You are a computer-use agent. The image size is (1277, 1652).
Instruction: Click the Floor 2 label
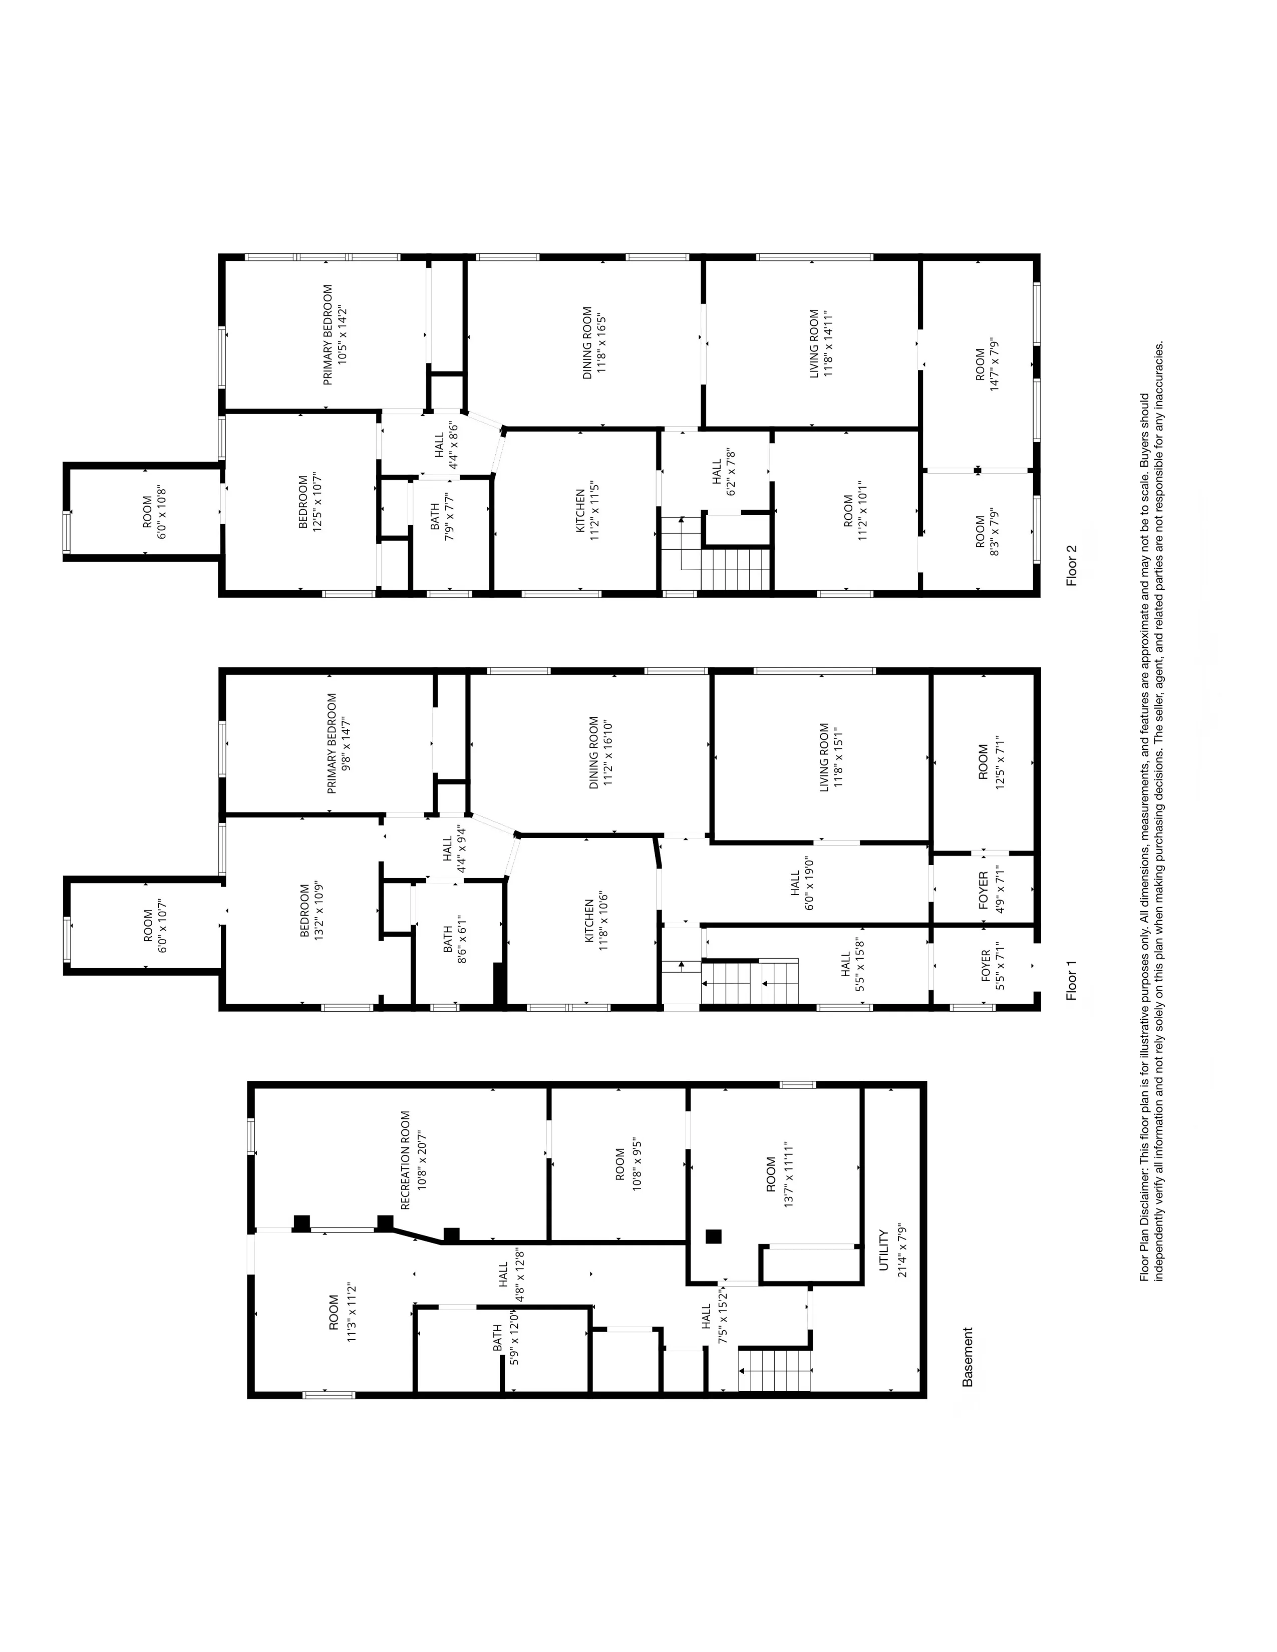coord(1071,566)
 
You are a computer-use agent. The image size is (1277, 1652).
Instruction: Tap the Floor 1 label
coord(1071,980)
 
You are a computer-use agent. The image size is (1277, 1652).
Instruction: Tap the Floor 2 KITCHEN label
coord(580,511)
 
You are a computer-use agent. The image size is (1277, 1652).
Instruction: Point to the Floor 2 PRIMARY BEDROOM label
coord(328,334)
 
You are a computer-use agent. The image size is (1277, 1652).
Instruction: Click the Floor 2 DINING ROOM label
coord(587,342)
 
